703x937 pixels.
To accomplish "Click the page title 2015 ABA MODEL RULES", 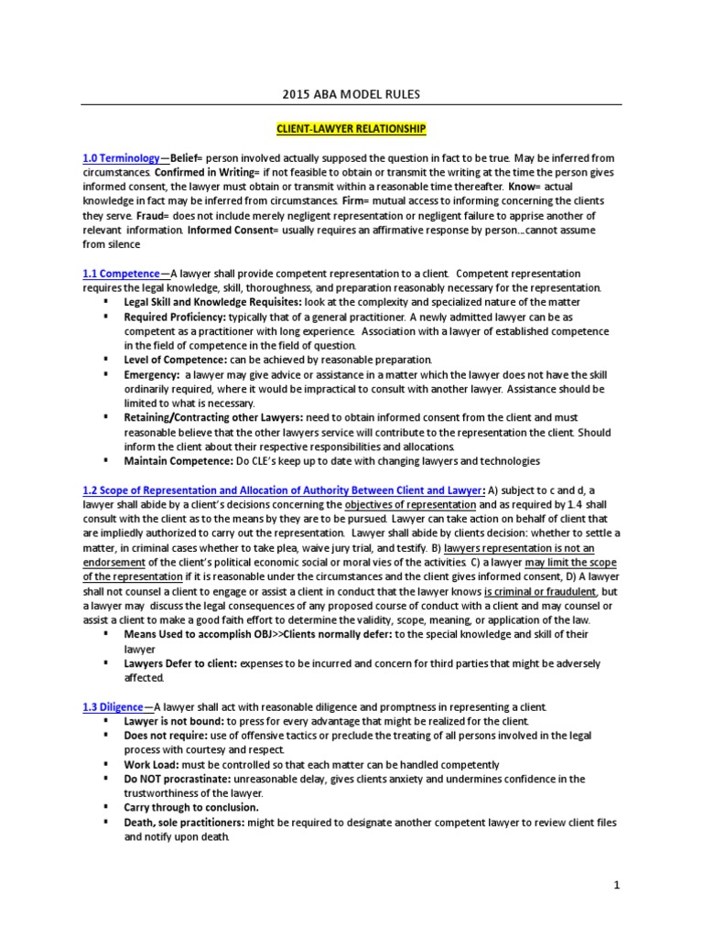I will coord(351,94).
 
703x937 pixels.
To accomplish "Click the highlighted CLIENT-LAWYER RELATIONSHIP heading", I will coord(351,131).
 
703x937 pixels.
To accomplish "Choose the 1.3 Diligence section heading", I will coord(114,707).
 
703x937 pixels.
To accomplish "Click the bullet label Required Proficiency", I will coord(177,317).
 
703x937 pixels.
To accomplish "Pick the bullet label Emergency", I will coord(151,374).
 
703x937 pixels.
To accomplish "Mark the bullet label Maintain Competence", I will coord(173,460).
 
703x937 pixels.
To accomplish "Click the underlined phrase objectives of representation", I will coord(410,505).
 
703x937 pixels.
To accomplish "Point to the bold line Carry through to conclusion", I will coord(191,808).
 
